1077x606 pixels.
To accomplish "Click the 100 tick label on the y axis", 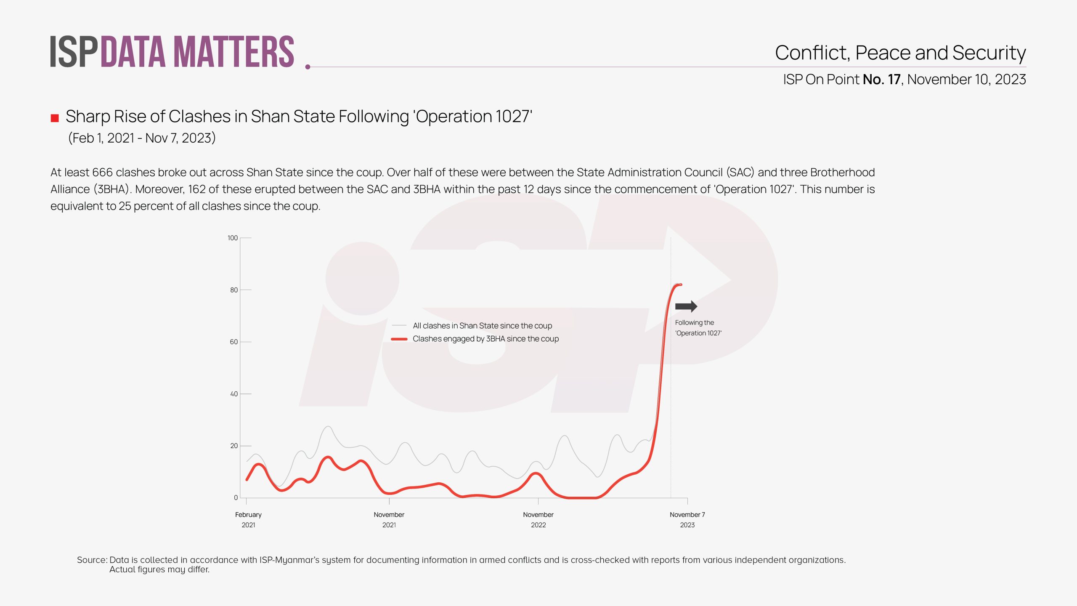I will tap(233, 238).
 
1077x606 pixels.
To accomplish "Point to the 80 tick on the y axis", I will tap(234, 290).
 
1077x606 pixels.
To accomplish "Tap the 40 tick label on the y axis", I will tap(234, 394).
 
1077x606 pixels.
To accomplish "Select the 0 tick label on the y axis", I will tap(236, 498).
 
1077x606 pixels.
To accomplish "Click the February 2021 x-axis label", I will tap(248, 520).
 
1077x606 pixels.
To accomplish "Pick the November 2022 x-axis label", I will tap(538, 520).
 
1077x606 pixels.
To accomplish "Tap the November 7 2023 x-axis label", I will tap(687, 520).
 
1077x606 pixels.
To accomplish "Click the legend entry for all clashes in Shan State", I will tap(482, 326).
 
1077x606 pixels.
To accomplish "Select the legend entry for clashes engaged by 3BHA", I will tap(485, 339).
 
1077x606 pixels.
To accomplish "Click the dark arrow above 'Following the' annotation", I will tap(686, 306).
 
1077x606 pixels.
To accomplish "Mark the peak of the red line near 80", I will tap(678, 285).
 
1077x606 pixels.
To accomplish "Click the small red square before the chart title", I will tap(55, 118).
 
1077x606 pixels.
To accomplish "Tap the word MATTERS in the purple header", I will tap(234, 52).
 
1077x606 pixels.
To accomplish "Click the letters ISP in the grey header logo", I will tap(74, 52).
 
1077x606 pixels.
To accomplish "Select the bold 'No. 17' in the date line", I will tap(881, 80).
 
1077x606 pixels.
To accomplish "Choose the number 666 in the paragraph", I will tap(102, 173).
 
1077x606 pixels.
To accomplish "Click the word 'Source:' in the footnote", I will tap(92, 560).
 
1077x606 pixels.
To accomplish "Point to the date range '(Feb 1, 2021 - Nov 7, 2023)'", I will tap(142, 138).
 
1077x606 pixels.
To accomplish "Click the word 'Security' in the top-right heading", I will tap(989, 53).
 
